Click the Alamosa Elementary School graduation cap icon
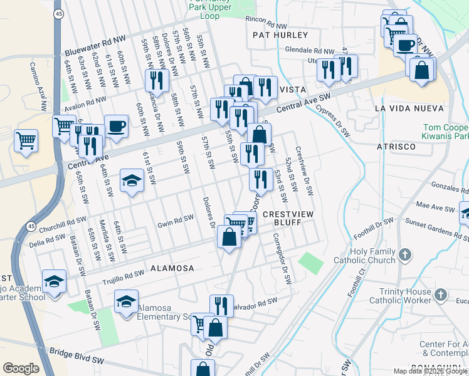(x=126, y=301)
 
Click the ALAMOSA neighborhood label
(x=172, y=268)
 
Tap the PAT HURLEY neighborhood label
(x=280, y=35)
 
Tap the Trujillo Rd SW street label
(x=124, y=274)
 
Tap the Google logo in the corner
(x=21, y=368)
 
